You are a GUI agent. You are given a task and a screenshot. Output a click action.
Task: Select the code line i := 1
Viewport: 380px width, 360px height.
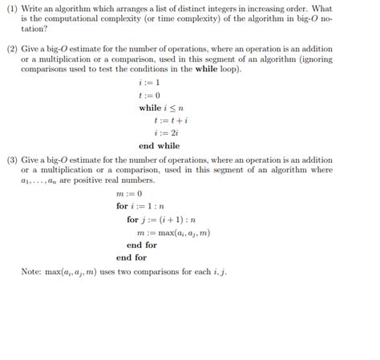pos(150,82)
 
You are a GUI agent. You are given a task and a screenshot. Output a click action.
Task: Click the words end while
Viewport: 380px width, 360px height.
pos(159,146)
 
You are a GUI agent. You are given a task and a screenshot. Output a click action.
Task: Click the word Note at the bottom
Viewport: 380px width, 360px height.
pos(33,272)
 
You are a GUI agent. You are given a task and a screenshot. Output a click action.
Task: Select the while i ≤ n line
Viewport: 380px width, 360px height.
pos(160,107)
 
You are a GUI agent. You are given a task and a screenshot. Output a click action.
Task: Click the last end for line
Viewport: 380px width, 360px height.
pos(131,257)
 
